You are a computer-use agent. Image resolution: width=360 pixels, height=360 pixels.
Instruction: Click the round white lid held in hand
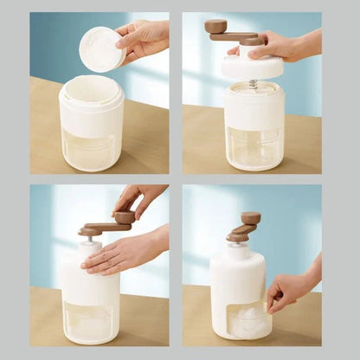(x=101, y=48)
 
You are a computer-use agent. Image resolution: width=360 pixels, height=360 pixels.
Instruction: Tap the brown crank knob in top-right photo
(x=215, y=27)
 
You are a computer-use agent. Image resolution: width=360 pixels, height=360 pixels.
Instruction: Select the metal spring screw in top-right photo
(x=253, y=83)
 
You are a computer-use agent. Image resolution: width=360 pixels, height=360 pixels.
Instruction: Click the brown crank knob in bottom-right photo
(x=251, y=218)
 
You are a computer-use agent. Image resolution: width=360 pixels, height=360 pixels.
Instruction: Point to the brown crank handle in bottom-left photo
(x=105, y=227)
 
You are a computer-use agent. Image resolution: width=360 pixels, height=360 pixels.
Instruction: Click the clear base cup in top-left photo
(x=91, y=149)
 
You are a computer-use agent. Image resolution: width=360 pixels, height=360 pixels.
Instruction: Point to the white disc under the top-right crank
(x=252, y=67)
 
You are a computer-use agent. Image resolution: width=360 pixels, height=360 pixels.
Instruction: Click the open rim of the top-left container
(x=91, y=84)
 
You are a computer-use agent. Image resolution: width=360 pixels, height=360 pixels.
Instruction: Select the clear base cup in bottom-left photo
(x=90, y=320)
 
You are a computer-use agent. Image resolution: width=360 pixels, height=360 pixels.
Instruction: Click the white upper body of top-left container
(x=91, y=108)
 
